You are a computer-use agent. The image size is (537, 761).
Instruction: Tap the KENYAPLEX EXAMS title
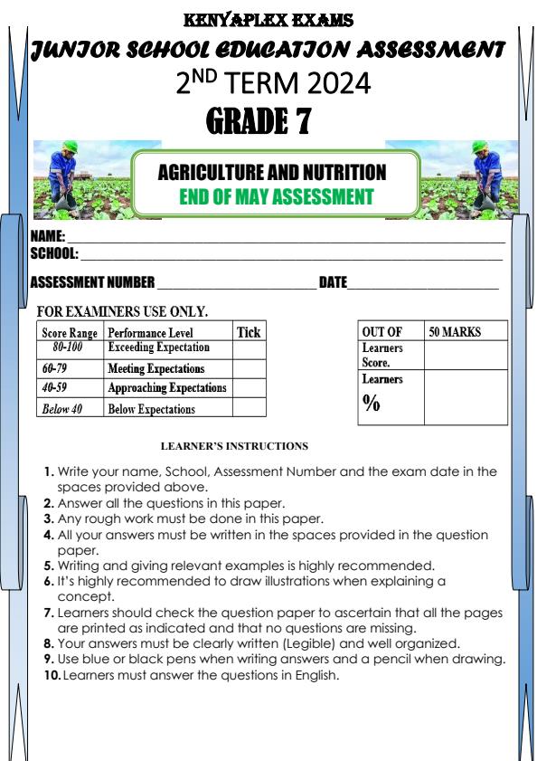click(268, 18)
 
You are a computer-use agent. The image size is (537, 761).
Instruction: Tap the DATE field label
click(333, 283)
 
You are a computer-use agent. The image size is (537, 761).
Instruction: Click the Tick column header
click(248, 333)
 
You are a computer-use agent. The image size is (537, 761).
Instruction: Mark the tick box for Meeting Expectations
click(250, 369)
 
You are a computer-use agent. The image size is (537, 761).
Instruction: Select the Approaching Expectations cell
click(167, 388)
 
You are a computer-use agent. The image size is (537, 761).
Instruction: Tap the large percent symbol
click(372, 404)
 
